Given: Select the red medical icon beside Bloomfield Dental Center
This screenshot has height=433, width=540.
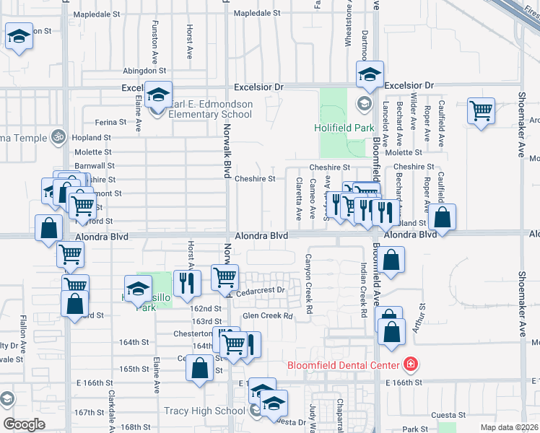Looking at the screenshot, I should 411,364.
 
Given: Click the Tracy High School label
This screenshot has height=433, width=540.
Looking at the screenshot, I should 205,411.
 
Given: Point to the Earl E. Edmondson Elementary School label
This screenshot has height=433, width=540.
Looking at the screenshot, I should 210,109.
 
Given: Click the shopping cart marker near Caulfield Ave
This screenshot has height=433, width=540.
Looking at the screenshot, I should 481,111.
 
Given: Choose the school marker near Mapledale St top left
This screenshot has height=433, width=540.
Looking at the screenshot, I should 19,36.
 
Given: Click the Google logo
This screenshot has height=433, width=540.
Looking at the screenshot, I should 24,424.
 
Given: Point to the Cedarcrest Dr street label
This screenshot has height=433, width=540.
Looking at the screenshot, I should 261,290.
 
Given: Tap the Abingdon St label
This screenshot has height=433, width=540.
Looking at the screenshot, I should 144,71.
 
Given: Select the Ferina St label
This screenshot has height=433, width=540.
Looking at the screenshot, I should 110,122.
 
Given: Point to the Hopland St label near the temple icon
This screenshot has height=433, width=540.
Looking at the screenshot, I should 91,137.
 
